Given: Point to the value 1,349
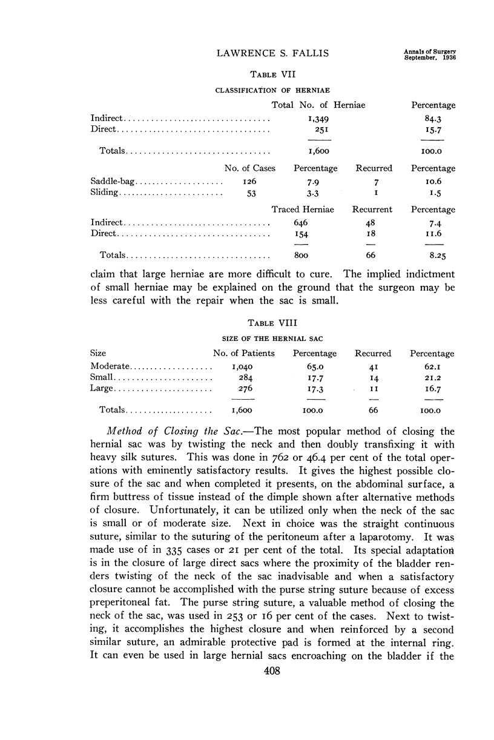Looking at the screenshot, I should pos(318,119).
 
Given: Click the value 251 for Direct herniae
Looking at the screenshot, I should pos(318,130).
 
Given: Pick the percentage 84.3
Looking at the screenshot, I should pos(432,119).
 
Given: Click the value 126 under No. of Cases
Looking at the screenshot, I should pos(234,182).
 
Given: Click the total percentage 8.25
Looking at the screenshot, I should pos(432,256).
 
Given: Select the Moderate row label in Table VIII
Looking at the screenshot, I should pos(110,366).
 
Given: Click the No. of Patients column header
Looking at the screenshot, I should pos(244,353).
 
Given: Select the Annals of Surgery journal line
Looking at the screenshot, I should pos(429,51).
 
